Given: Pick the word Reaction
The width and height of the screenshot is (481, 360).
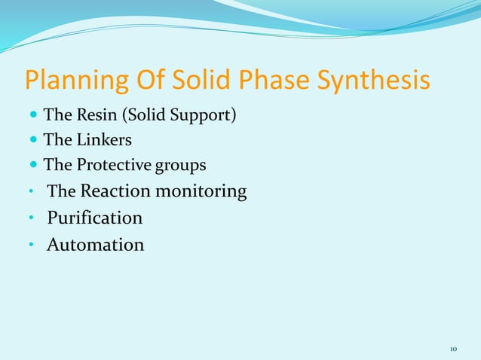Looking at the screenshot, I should [x=115, y=191].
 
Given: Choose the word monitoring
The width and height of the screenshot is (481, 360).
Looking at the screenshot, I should [x=201, y=192].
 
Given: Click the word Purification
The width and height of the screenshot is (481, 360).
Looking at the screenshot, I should [x=95, y=218].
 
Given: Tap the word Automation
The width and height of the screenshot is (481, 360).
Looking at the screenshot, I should [x=96, y=245].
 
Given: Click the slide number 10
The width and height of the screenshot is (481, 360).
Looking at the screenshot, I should [x=453, y=349].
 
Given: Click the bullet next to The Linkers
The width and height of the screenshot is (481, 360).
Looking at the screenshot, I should [x=34, y=141].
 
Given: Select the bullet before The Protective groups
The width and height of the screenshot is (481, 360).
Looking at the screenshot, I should [x=34, y=165].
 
